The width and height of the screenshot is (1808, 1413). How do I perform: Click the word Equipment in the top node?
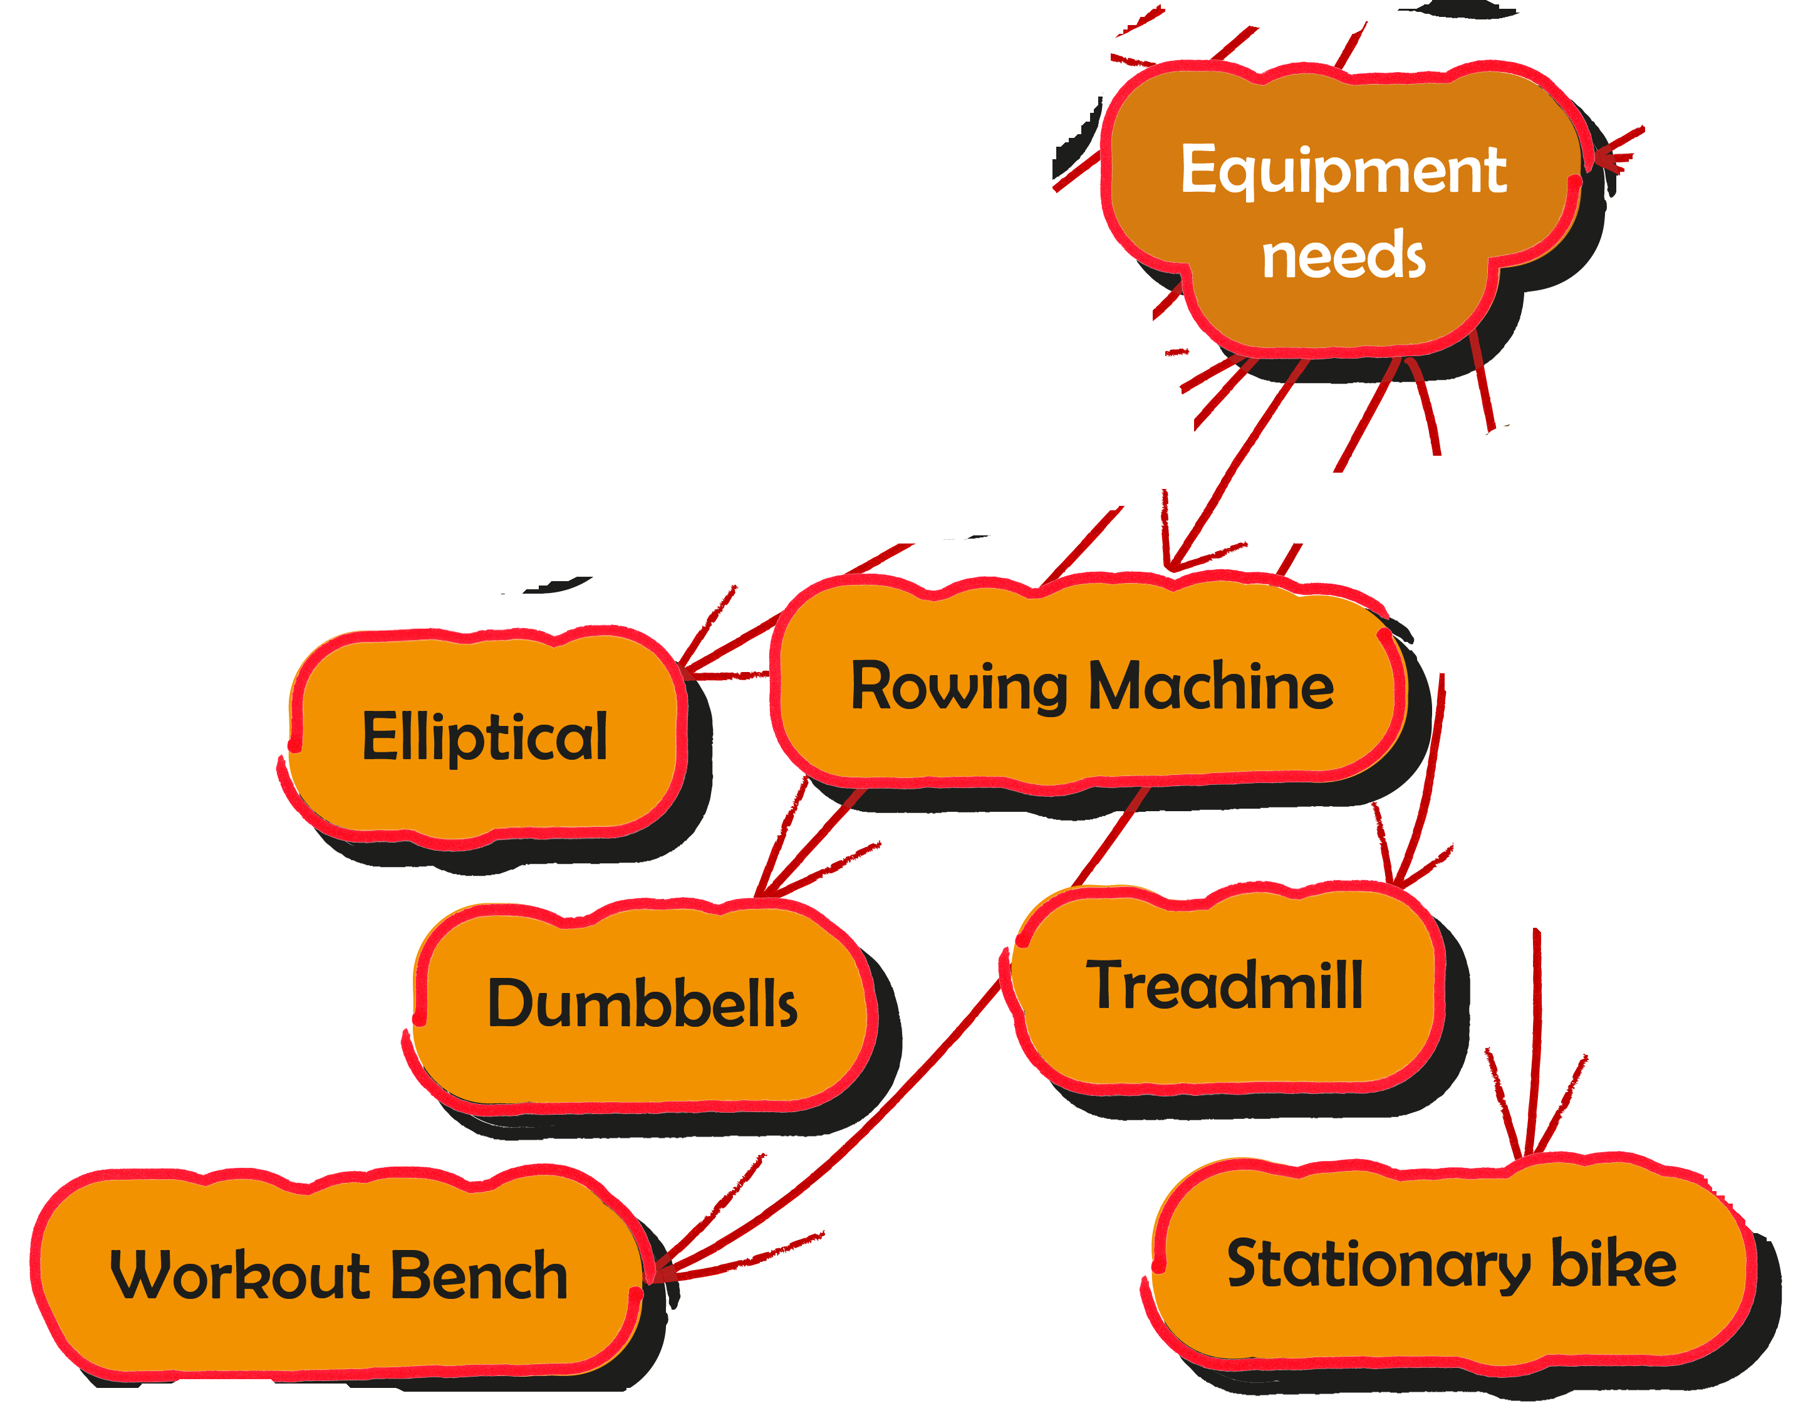[1343, 170]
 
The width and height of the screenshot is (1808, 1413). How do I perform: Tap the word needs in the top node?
[1343, 255]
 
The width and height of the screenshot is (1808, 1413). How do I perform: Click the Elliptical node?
[486, 737]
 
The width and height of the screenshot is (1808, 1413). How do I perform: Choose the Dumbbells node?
[642, 1004]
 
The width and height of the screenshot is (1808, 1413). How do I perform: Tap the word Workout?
[239, 1276]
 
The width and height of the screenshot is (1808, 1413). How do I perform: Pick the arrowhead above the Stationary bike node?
[1528, 1151]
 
